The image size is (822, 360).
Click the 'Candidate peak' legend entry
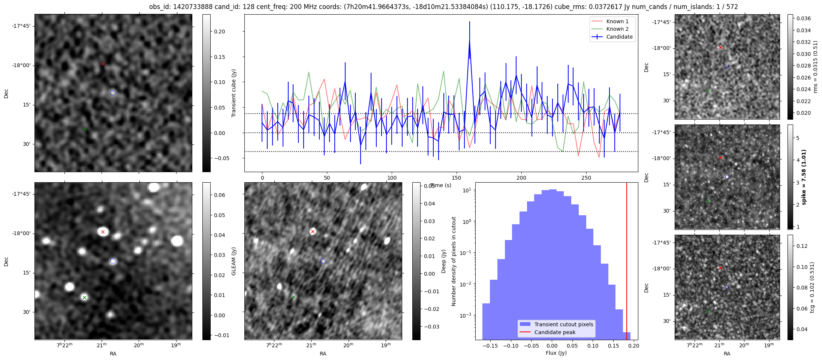(x=555, y=332)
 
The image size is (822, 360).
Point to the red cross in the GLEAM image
(x=103, y=232)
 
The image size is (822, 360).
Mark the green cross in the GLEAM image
(x=84, y=297)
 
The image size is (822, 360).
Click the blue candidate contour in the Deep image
(x=323, y=261)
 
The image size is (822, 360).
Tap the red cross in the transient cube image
(x=103, y=64)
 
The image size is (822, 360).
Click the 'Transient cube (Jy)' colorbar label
(x=234, y=93)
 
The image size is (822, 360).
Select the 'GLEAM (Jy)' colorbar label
(x=234, y=261)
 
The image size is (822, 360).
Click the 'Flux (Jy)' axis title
(x=556, y=353)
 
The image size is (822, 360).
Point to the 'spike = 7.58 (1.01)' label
(x=804, y=177)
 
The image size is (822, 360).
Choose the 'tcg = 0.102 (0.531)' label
(x=812, y=287)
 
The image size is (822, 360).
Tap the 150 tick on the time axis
(x=457, y=178)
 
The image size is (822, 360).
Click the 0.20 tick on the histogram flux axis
(x=633, y=346)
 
